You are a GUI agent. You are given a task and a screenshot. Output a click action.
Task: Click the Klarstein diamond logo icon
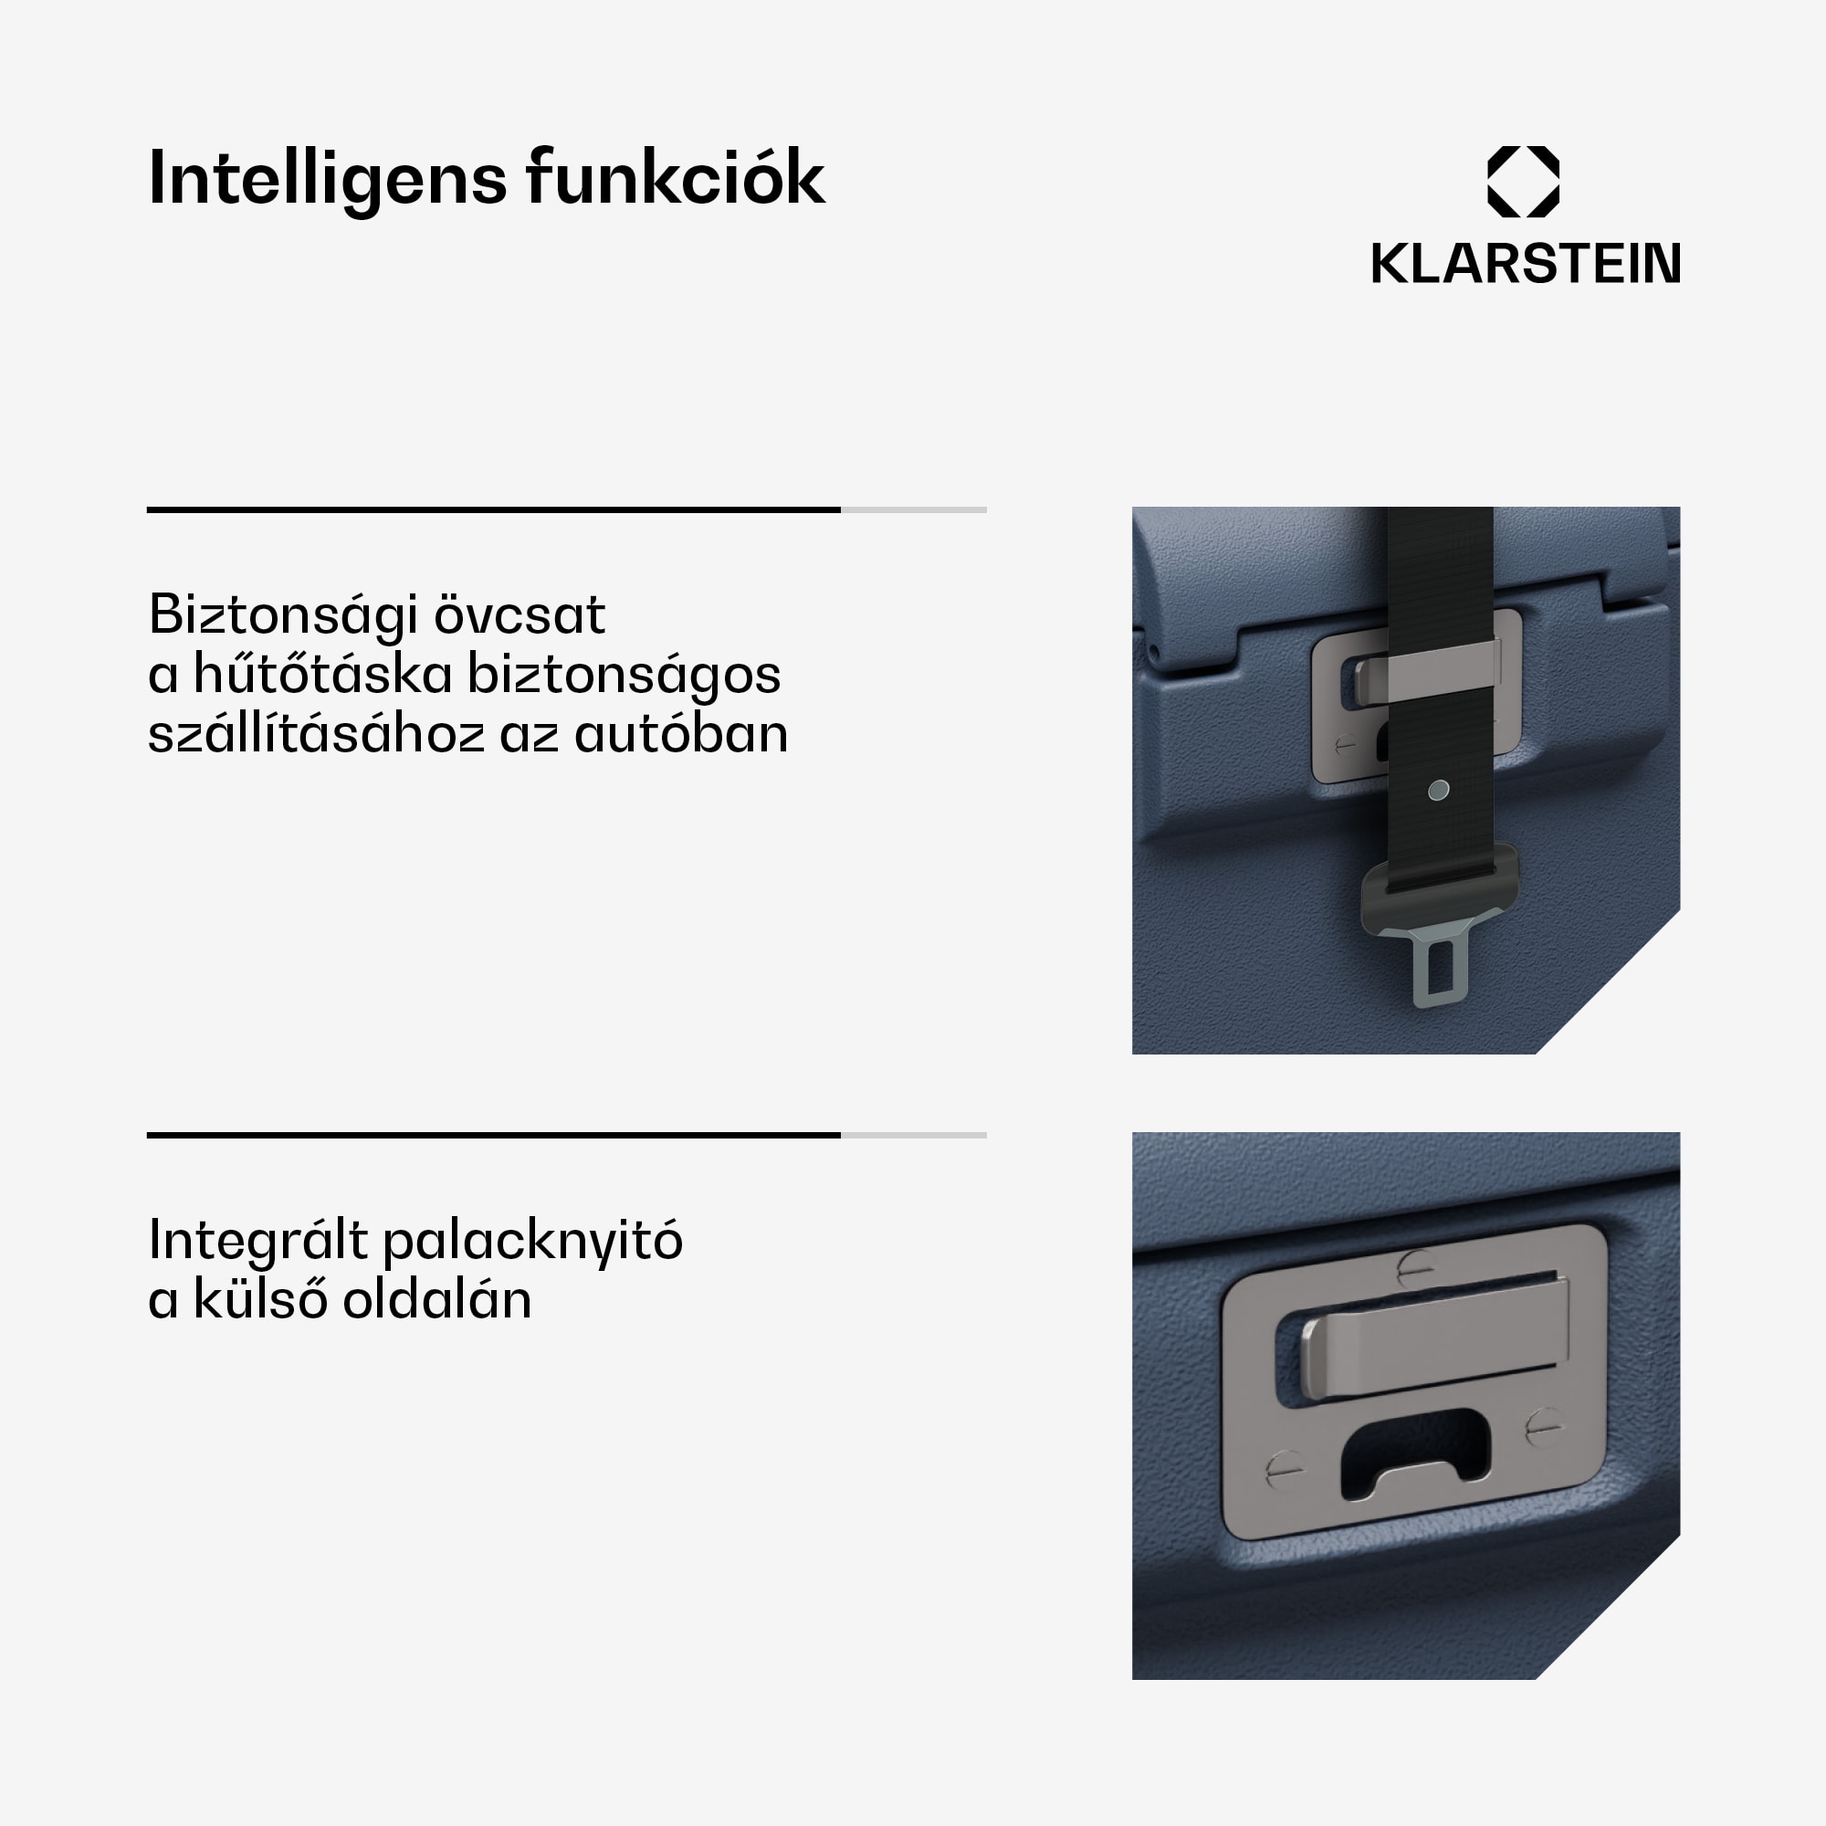pos(1524,182)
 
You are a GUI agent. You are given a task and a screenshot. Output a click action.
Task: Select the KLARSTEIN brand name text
pos(1526,263)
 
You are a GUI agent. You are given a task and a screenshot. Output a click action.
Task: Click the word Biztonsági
pos(284,616)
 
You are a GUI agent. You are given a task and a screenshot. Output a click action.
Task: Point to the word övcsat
pos(519,614)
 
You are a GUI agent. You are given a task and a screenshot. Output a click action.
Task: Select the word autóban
pos(680,734)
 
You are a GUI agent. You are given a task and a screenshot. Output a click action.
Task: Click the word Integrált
pos(258,1241)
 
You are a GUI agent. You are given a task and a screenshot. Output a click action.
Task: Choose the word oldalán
pos(436,1299)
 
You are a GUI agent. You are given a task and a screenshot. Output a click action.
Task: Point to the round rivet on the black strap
pos(1439,790)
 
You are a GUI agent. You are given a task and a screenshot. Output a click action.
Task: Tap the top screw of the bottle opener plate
pos(1415,1267)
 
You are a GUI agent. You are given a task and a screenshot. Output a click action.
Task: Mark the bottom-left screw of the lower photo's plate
pos(1284,1469)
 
